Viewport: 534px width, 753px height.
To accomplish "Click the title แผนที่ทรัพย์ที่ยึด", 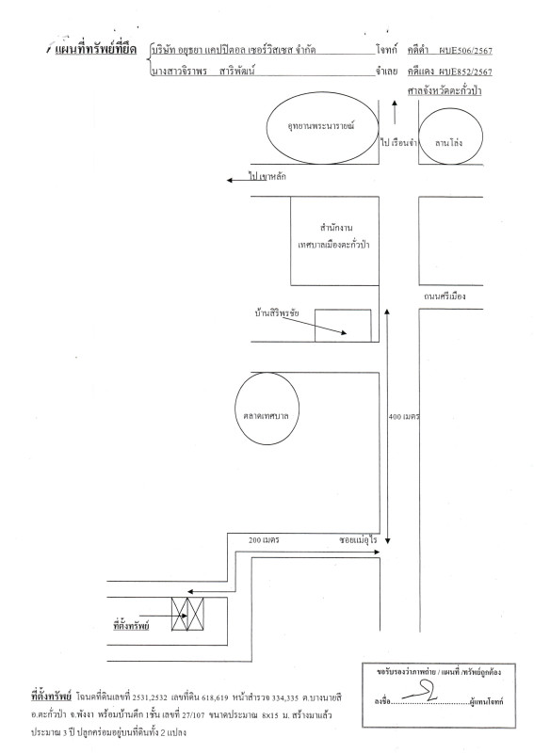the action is click(x=96, y=50).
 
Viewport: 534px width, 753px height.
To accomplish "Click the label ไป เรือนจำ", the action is click(x=398, y=143).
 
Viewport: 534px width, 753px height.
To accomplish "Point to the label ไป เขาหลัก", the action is click(x=267, y=176).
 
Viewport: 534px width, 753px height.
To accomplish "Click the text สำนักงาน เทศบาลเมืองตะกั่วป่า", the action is click(x=334, y=236).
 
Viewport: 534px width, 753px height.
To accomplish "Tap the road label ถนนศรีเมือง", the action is click(x=445, y=296).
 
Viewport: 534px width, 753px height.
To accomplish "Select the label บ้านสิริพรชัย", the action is click(x=277, y=313).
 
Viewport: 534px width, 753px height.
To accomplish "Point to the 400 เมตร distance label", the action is click(x=404, y=417).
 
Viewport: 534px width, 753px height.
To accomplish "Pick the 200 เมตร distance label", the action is click(x=264, y=539).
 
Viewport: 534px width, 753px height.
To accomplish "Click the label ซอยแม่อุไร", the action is click(x=358, y=539).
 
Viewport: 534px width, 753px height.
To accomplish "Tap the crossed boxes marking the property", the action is click(x=188, y=615).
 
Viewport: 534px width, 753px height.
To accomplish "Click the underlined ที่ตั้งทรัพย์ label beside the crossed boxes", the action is click(x=131, y=626).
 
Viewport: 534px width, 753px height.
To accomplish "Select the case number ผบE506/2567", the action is click(x=465, y=51).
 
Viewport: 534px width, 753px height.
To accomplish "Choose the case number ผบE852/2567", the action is click(x=465, y=72).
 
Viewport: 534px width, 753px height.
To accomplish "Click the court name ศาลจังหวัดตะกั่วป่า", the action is click(x=445, y=90).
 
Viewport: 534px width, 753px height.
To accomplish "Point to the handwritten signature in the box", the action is click(x=420, y=692).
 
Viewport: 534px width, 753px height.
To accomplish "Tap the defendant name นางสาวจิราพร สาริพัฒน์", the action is click(x=203, y=72).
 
